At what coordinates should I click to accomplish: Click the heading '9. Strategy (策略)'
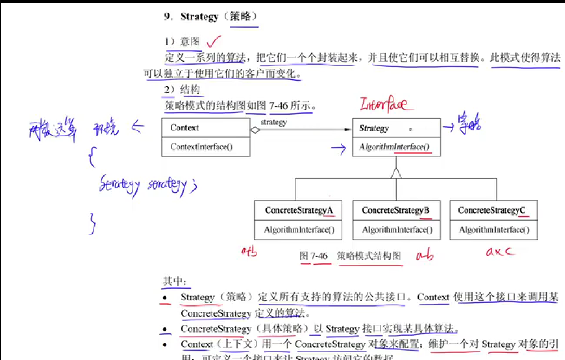tap(210, 17)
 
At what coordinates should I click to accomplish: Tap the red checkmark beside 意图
tap(213, 42)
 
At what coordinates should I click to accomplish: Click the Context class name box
tap(184, 128)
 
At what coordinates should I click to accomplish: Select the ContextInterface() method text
tap(202, 147)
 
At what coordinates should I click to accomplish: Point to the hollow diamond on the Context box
tap(255, 130)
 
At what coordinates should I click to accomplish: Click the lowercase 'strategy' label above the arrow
tap(274, 122)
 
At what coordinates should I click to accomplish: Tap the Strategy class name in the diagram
tap(374, 129)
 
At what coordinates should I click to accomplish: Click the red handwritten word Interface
tap(385, 104)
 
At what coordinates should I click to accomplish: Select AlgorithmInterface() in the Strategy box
tap(394, 147)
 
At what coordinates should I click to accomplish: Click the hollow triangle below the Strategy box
tap(396, 173)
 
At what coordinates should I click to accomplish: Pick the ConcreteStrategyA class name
tap(299, 210)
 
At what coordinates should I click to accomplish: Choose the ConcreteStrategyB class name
tap(396, 210)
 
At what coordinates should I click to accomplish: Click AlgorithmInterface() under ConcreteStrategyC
tap(494, 230)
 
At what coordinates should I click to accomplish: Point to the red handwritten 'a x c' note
tap(500, 252)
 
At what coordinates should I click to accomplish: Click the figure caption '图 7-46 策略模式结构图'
tap(350, 256)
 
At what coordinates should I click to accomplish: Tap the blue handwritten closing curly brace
tap(93, 223)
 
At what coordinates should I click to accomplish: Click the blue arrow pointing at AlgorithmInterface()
tap(338, 149)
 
